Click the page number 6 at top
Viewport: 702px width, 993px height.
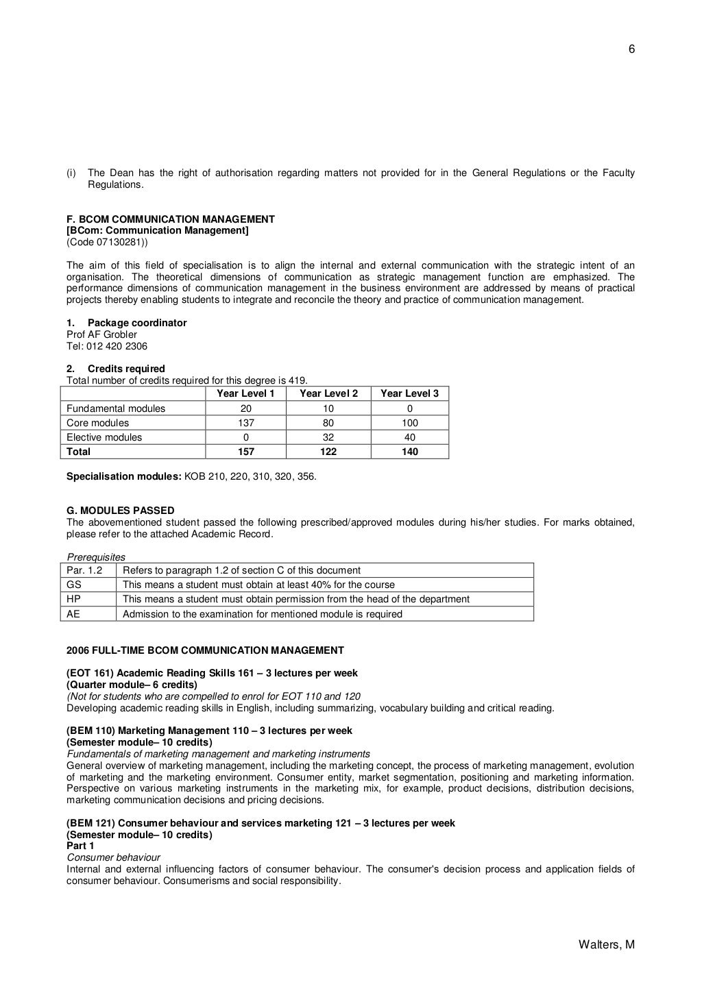point(631,49)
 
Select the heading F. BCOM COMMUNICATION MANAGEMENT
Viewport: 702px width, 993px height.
point(170,219)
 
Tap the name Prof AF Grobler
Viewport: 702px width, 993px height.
point(101,334)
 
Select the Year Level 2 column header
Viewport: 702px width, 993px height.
point(328,393)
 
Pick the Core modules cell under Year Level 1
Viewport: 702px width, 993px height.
point(245,423)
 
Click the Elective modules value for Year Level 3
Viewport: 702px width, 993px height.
point(409,437)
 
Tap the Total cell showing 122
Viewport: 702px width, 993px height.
point(328,452)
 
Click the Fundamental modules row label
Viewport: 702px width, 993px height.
point(116,408)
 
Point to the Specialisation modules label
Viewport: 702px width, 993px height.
point(124,476)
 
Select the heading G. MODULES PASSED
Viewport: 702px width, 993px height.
point(120,511)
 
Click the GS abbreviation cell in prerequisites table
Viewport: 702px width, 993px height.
point(73,585)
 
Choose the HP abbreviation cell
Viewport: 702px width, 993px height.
point(73,599)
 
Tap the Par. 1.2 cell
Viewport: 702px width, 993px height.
point(84,570)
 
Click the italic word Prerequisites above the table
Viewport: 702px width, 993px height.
point(96,557)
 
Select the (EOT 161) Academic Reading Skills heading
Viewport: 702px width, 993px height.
point(212,673)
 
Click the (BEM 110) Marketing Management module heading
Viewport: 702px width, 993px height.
point(209,731)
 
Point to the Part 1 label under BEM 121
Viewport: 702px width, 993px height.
point(80,846)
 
